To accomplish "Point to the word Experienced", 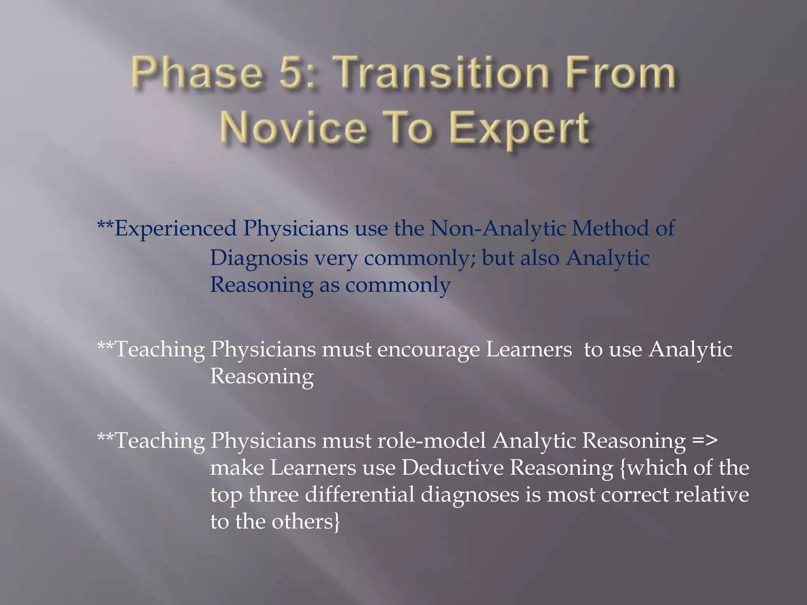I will [x=175, y=228].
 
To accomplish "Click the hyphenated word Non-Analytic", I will [x=498, y=228].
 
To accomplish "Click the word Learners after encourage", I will [x=528, y=350].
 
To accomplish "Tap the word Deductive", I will [x=453, y=468].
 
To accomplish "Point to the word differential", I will [x=360, y=495].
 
